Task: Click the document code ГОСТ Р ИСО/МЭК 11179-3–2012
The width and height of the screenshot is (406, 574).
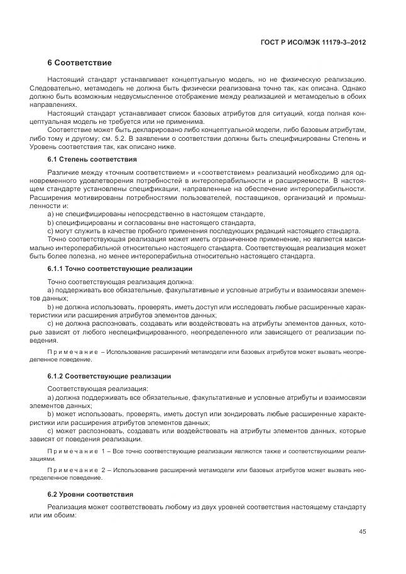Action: pyautogui.click(x=312, y=42)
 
